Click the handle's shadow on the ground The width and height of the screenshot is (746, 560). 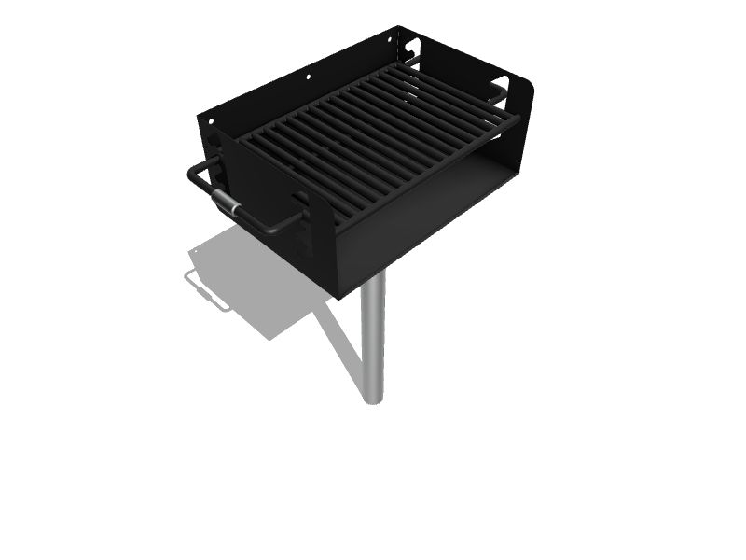pos(207,291)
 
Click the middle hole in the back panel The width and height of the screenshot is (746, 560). pos(309,75)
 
